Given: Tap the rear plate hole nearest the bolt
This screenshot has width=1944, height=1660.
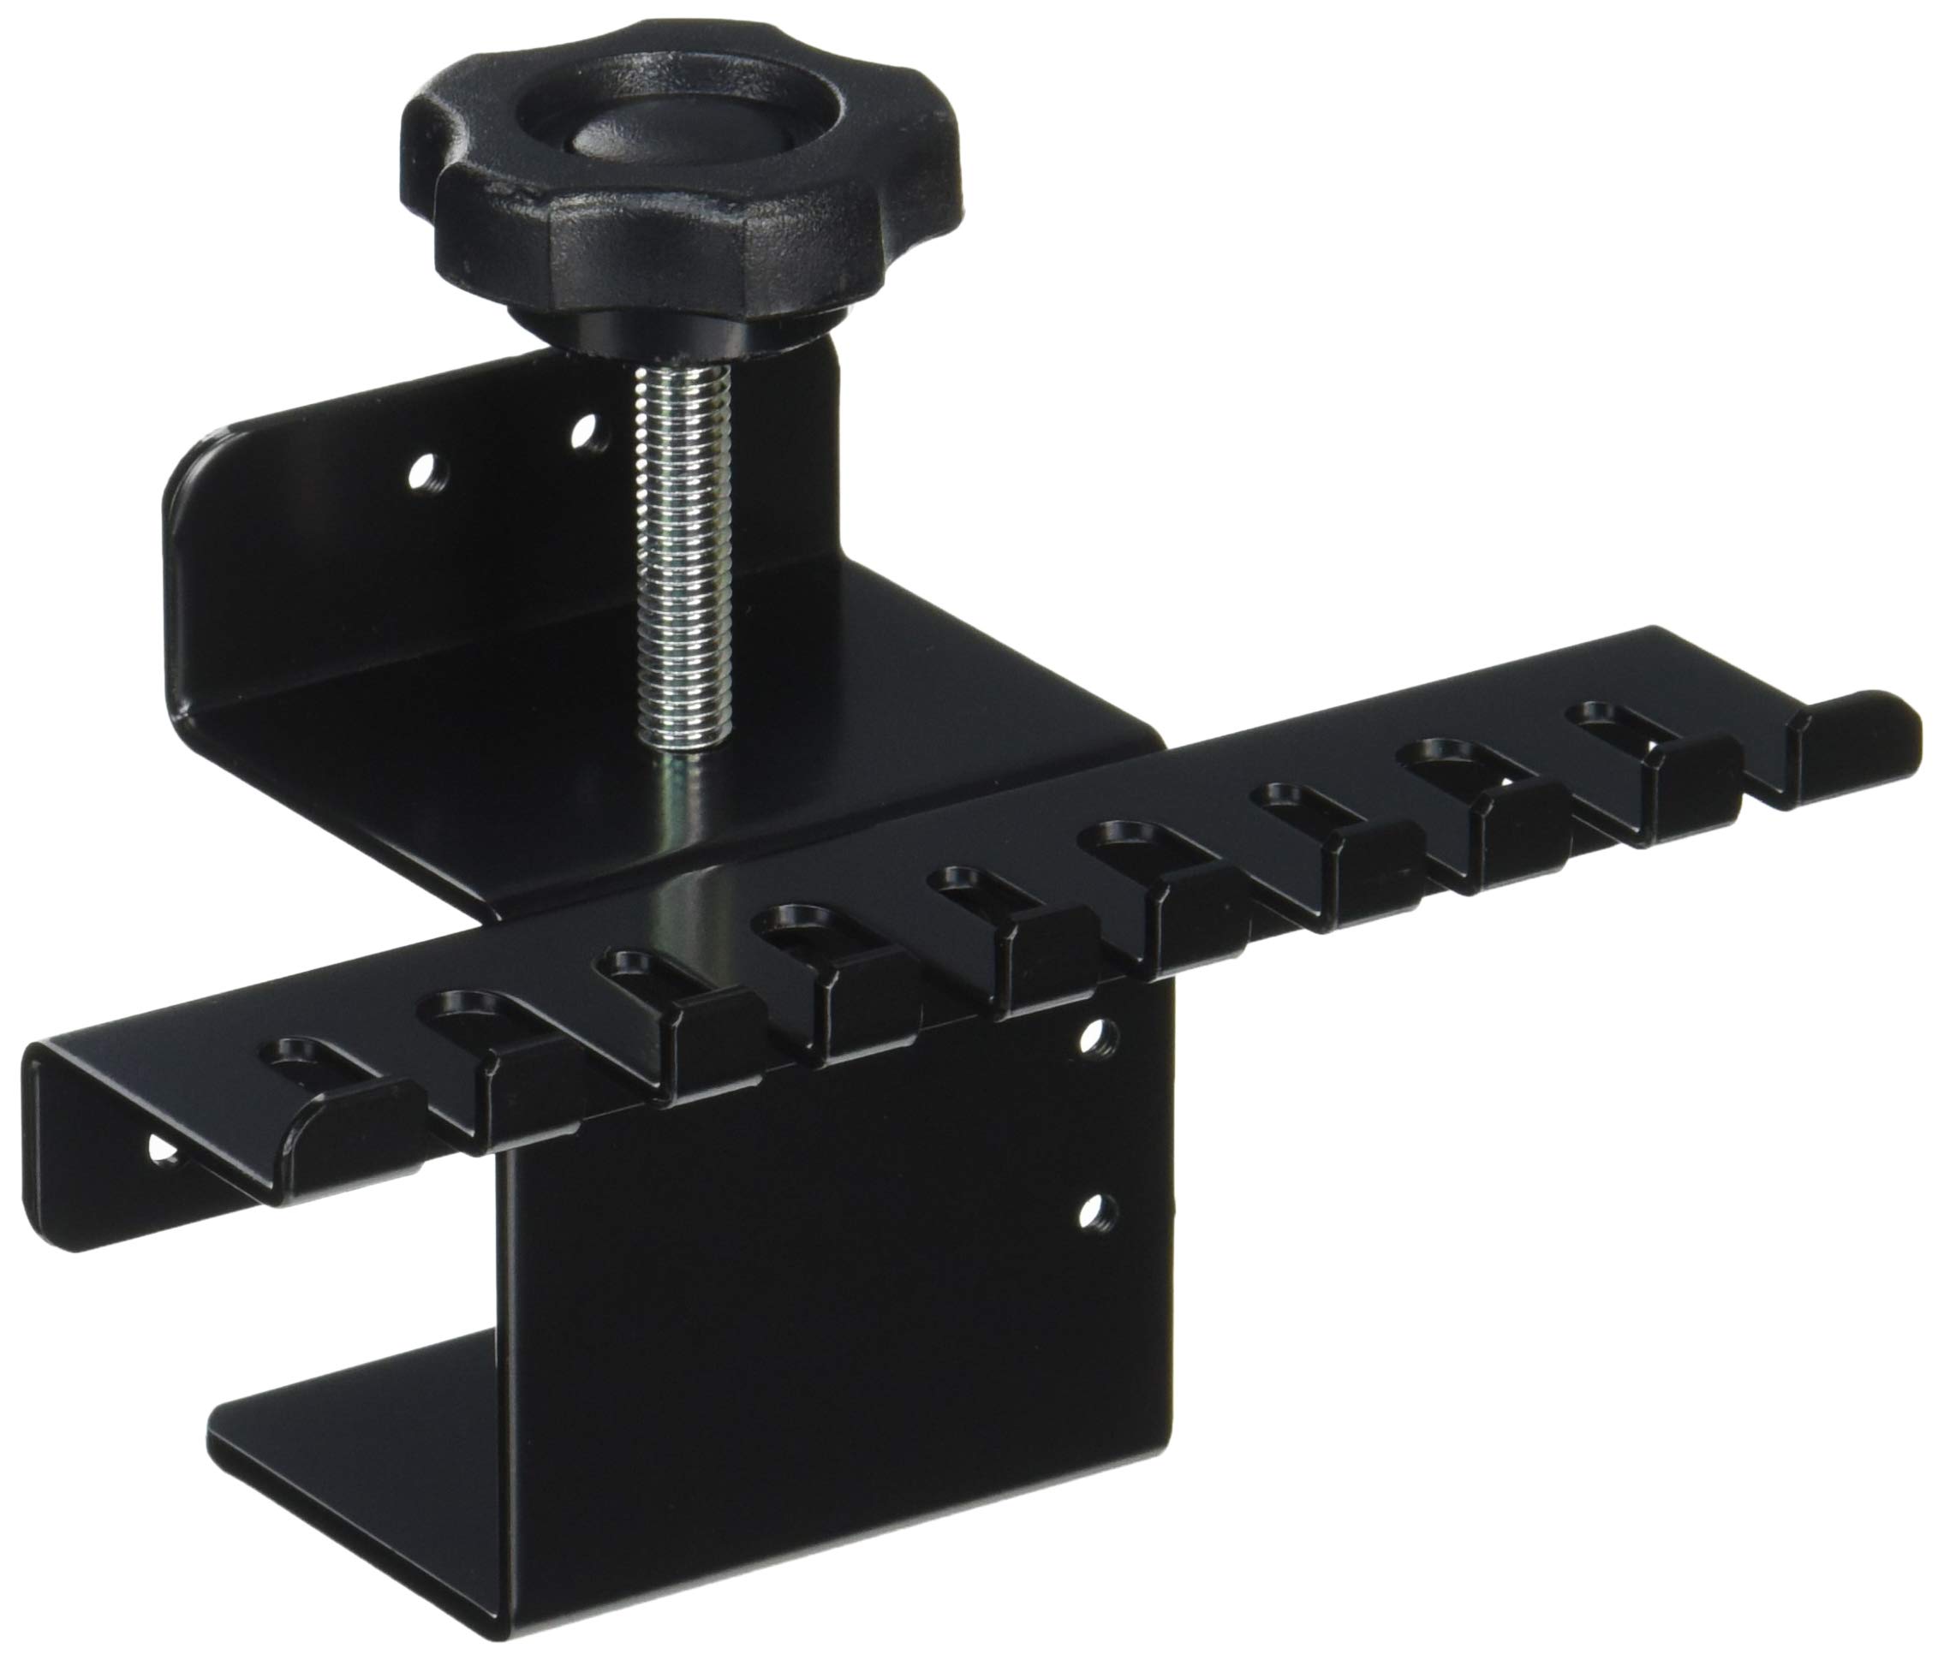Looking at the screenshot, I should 588,432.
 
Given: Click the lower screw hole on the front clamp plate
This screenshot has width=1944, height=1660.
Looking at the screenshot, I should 1090,1214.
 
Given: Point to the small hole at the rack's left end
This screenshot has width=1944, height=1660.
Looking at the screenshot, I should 165,1149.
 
